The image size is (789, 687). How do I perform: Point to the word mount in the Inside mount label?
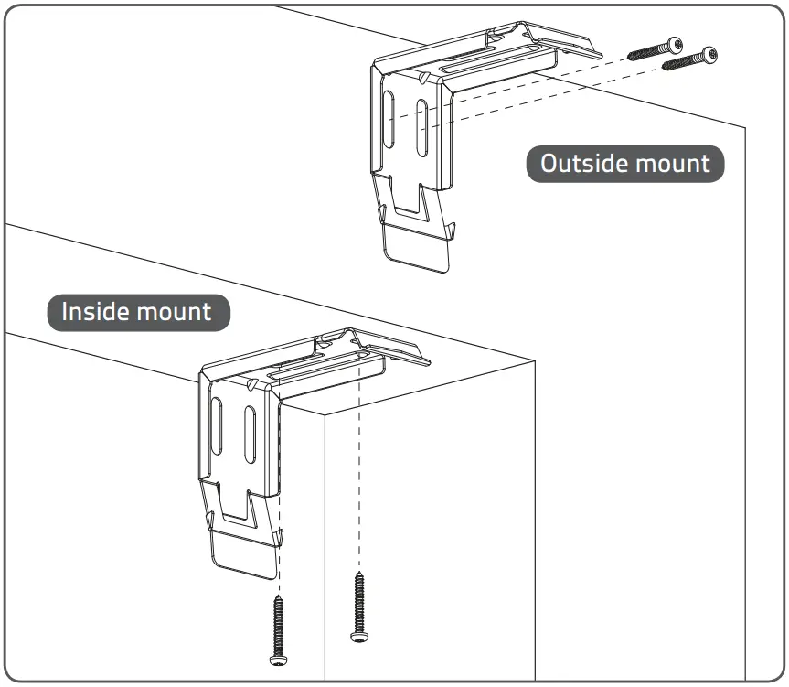coord(174,312)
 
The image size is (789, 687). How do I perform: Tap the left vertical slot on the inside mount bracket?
coord(217,422)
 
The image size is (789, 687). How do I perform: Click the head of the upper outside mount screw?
coord(675,43)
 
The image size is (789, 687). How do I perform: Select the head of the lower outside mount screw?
coord(709,56)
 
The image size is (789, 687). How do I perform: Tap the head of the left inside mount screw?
coord(277,657)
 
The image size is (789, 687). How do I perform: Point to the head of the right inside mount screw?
coord(357,634)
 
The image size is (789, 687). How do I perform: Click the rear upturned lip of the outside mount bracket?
coord(567,41)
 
